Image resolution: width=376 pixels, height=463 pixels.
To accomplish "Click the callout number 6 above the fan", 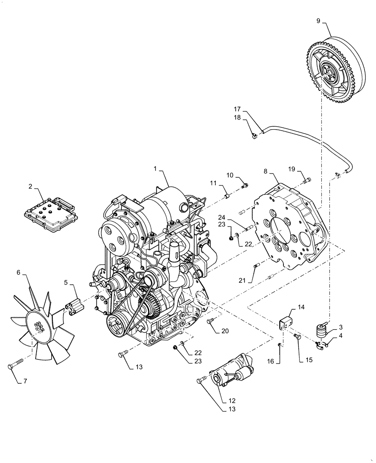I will point(19,273).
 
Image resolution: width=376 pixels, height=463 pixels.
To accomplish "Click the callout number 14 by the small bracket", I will point(301,307).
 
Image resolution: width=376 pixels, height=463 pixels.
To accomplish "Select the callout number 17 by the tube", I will point(238,109).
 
